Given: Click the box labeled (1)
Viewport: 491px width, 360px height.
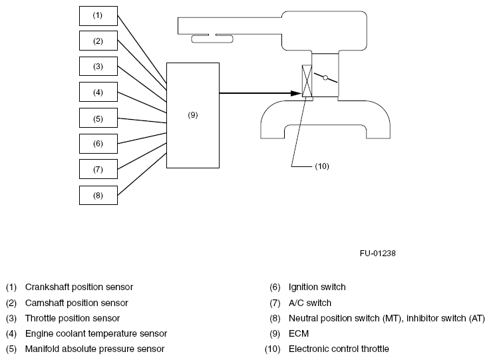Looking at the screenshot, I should point(98,15).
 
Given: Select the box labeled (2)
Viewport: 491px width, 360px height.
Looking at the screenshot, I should point(98,41).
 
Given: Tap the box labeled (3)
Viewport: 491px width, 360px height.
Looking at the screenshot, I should point(98,67).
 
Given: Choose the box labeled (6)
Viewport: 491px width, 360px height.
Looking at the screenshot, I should point(98,144).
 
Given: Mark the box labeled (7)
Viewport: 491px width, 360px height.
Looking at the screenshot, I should point(98,169).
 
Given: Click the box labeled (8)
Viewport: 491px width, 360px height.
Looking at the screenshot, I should point(98,195).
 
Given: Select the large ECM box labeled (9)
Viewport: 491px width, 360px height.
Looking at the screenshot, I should point(192,115).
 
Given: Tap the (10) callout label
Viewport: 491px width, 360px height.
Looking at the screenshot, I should point(322,166).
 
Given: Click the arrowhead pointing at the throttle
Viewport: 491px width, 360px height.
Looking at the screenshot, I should point(296,92).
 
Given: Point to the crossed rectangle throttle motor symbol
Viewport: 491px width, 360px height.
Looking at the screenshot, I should point(307,83).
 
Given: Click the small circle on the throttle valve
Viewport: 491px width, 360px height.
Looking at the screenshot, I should point(325,78).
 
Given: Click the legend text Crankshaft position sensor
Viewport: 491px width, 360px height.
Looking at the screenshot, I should point(79,287).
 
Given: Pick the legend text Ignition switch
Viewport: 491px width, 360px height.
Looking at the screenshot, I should point(317,287).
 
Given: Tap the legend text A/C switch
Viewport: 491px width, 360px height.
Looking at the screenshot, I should point(310,303).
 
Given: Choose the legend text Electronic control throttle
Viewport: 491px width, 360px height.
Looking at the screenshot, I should point(339,349).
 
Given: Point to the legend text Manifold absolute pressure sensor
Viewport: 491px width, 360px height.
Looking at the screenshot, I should point(94,349).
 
